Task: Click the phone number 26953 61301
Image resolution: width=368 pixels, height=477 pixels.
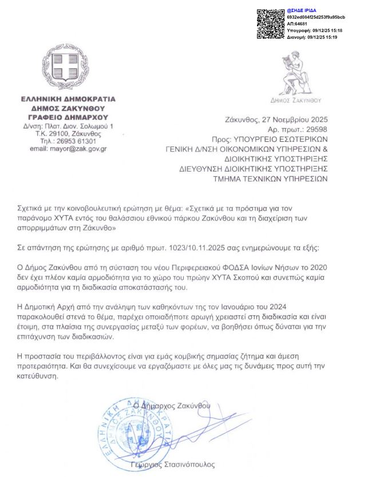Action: pos(76,141)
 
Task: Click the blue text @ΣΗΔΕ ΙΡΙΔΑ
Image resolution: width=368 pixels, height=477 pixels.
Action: pos(302,11)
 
